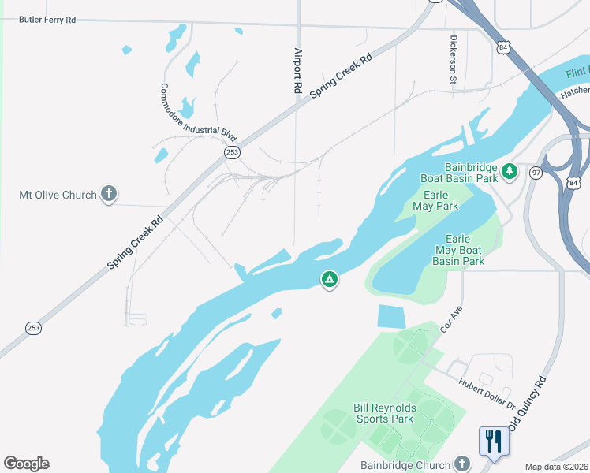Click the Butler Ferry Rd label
[x=47, y=19]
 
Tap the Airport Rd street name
[x=298, y=72]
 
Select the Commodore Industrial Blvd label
[x=198, y=112]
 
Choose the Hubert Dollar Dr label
[x=487, y=393]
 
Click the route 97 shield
[x=536, y=173]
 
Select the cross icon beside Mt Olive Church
[x=109, y=195]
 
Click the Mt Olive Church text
[x=58, y=195]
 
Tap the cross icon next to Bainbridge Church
[x=463, y=465]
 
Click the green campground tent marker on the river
[x=329, y=279]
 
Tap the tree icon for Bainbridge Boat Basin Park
[x=510, y=170]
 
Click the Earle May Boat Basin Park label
[x=458, y=249]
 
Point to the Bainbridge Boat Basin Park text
[x=472, y=173]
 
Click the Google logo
[x=26, y=464]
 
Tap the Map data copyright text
[x=555, y=467]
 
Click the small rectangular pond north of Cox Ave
[x=391, y=316]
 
